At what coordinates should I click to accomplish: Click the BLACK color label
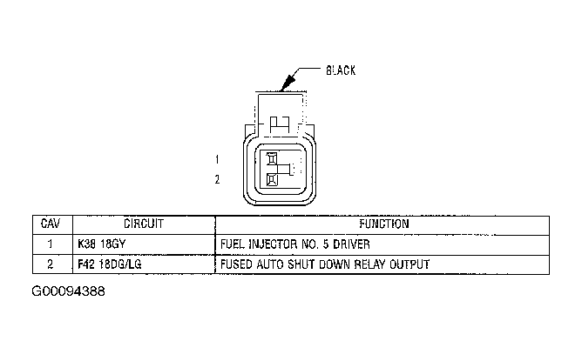pyautogui.click(x=340, y=70)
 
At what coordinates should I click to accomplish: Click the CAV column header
pyautogui.click(x=51, y=224)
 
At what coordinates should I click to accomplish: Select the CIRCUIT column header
pyautogui.click(x=144, y=224)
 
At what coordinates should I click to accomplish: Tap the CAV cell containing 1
pyautogui.click(x=51, y=244)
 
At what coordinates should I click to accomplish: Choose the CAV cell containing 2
pyautogui.click(x=51, y=264)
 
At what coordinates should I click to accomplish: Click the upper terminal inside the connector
pyautogui.click(x=272, y=159)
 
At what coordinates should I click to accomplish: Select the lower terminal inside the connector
pyautogui.click(x=272, y=180)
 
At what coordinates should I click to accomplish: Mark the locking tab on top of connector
pyautogui.click(x=281, y=123)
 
